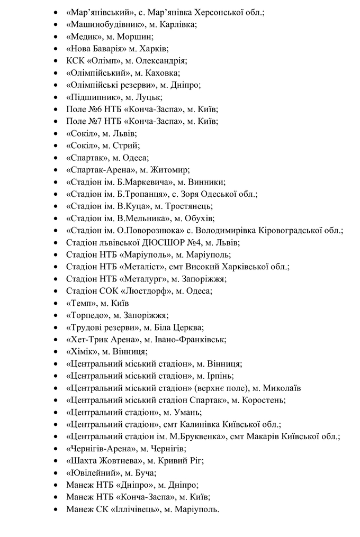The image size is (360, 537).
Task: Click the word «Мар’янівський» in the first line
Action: pos(97,12)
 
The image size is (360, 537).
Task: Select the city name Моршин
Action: pos(137,37)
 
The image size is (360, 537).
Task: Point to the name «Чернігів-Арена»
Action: pos(98,449)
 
